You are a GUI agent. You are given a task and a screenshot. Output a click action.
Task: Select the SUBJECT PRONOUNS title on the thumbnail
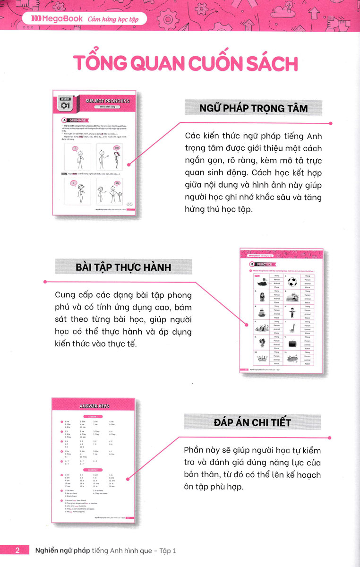coord(107,100)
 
